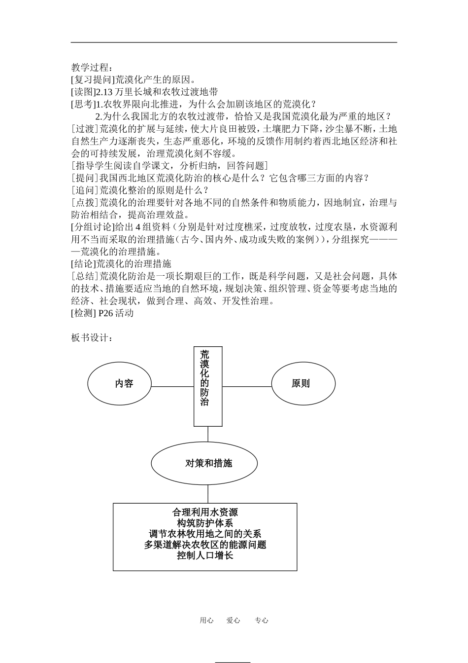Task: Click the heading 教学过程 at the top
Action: (92, 67)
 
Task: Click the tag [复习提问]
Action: (93, 79)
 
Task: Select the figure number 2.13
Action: (105, 92)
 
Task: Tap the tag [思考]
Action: (82, 104)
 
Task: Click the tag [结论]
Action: (82, 263)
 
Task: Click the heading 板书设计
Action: (92, 337)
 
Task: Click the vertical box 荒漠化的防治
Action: (207, 386)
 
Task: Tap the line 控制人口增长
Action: (205, 555)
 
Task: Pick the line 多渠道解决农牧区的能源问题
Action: (205, 545)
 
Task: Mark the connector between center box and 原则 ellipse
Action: (247, 386)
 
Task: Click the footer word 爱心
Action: (233, 621)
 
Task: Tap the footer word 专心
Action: (261, 621)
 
